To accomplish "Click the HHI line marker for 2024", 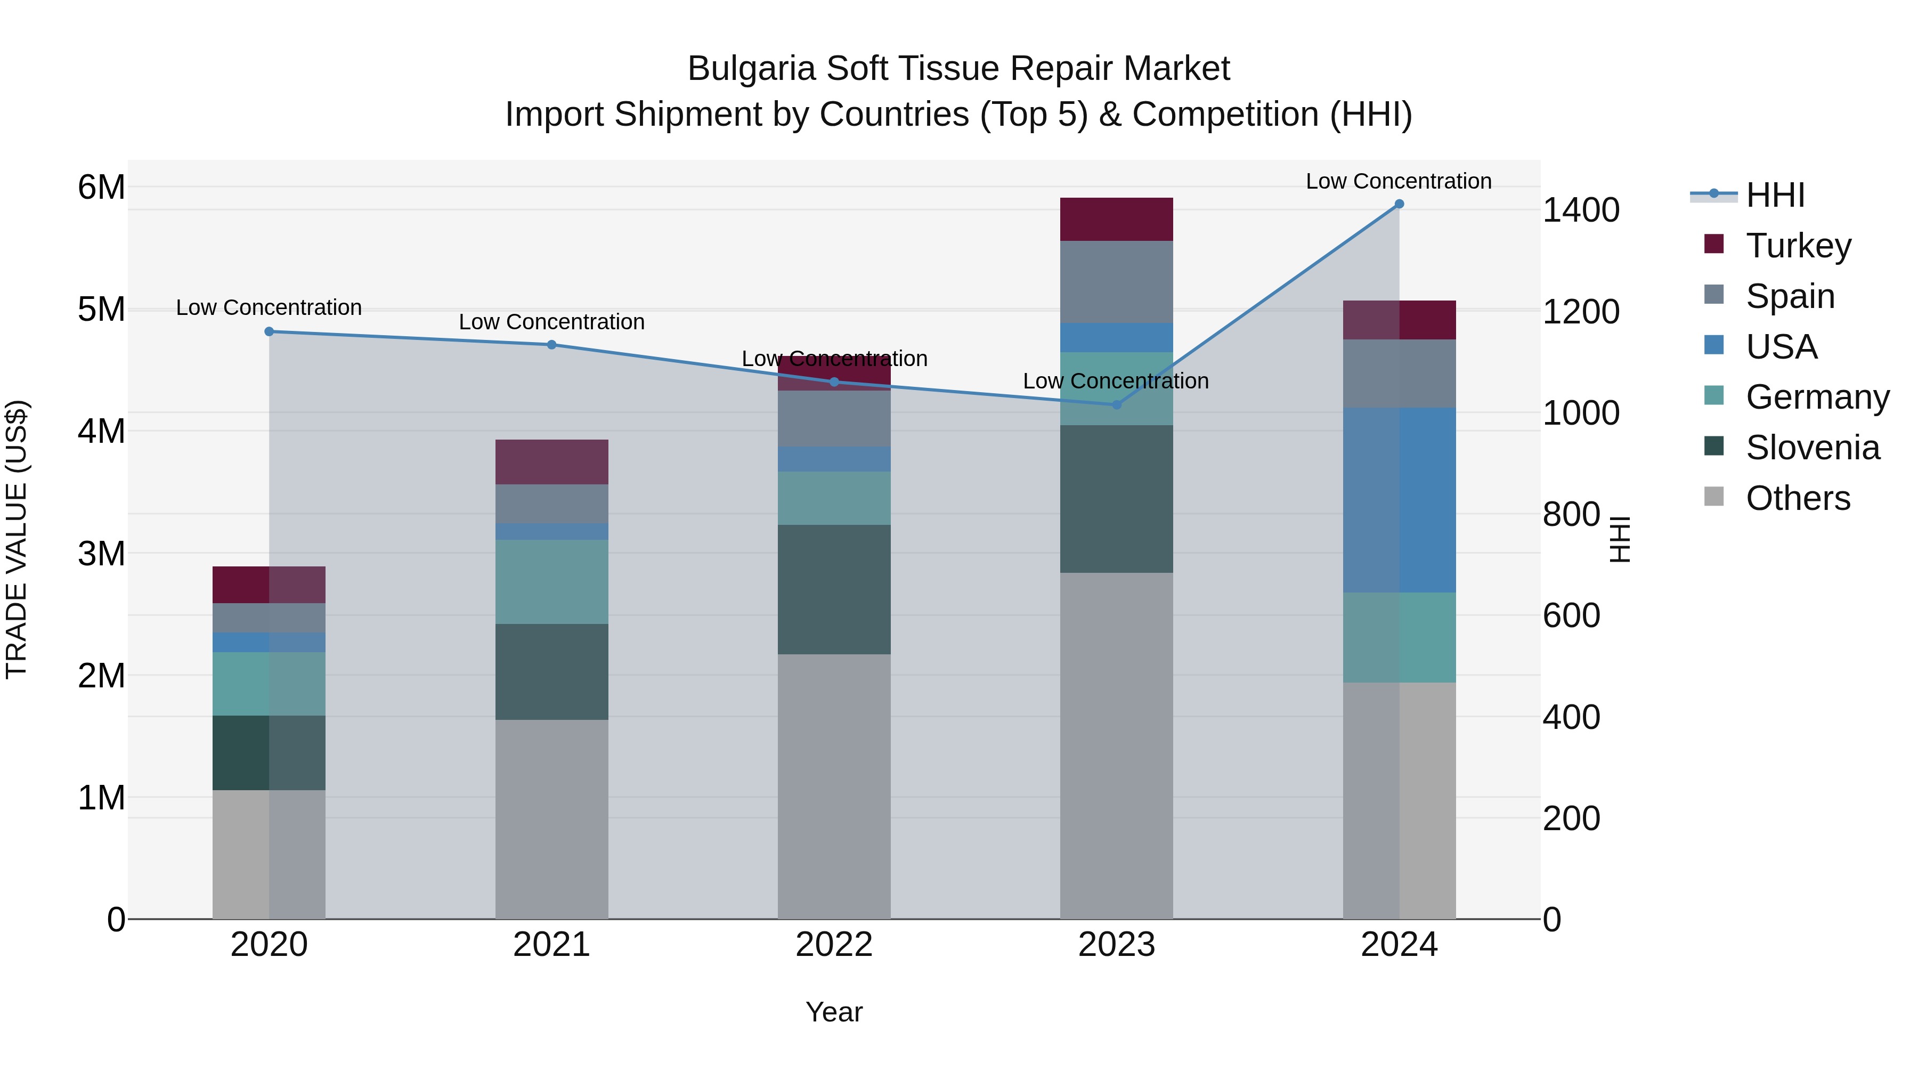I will [x=1399, y=204].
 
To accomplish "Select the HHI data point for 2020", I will [x=270, y=331].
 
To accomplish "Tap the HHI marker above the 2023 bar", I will [x=1116, y=404].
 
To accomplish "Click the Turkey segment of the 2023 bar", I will [x=1116, y=219].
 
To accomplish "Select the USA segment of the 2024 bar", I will [x=1399, y=500].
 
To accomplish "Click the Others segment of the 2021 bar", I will [x=552, y=818].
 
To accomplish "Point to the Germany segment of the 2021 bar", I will [x=552, y=581].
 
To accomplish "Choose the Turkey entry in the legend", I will [x=1798, y=246].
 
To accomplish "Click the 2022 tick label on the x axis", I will [x=834, y=945].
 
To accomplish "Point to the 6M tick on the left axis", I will [x=102, y=187].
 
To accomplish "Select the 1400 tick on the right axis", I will [x=1580, y=210].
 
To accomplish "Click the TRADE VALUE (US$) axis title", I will [x=17, y=539].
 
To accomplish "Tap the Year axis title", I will [x=834, y=1012].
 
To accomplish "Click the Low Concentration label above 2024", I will [x=1399, y=181].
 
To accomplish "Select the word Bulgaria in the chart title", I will [x=751, y=69].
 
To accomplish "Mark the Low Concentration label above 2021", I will [x=552, y=322].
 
